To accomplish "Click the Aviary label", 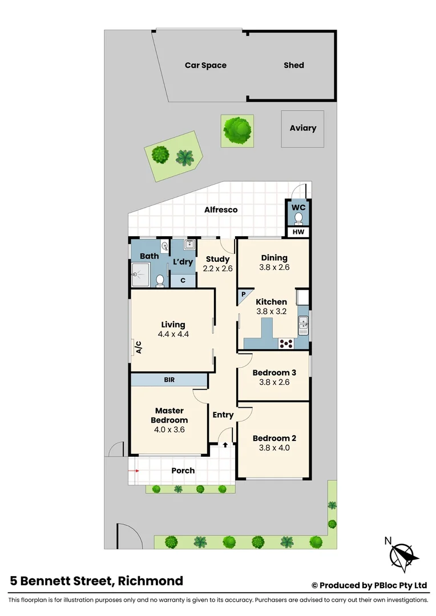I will (x=302, y=128).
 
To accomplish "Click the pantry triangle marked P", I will (x=243, y=295).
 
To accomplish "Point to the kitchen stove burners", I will (x=285, y=343).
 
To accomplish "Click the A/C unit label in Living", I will (x=138, y=347).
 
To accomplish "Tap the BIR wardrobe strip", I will (x=169, y=379).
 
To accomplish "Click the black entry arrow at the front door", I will (x=225, y=444).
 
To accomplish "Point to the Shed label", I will (x=294, y=65).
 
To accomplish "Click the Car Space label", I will (x=205, y=65).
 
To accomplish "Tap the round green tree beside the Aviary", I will (x=237, y=130).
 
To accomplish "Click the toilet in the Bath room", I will (x=160, y=280).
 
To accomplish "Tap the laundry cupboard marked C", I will (x=183, y=281).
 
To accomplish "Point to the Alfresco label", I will (x=221, y=210).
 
